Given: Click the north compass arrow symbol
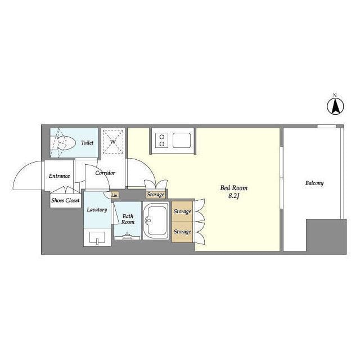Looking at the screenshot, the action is pyautogui.click(x=335, y=106).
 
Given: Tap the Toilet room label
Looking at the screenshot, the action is pyautogui.click(x=87, y=142).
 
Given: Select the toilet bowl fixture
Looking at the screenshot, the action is pyautogui.click(x=64, y=143).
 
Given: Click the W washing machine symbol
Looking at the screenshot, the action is pyautogui.click(x=113, y=141).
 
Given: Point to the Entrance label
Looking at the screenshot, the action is pyautogui.click(x=59, y=176).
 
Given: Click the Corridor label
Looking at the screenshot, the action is pyautogui.click(x=105, y=173).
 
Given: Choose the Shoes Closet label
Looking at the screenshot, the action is pyautogui.click(x=65, y=200).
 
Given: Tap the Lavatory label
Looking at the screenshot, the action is pyautogui.click(x=97, y=210).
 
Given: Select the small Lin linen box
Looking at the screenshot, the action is pyautogui.click(x=114, y=195).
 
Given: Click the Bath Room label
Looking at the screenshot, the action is pyautogui.click(x=128, y=219).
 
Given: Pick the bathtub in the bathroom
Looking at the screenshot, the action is pyautogui.click(x=156, y=220).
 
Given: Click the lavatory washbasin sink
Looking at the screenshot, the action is pyautogui.click(x=97, y=237).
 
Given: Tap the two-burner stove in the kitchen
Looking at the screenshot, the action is pyautogui.click(x=161, y=141).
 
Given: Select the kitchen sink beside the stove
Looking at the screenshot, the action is pyautogui.click(x=181, y=140).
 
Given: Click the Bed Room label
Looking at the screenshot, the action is pyautogui.click(x=234, y=188).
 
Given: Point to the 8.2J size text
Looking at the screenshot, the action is pyautogui.click(x=234, y=196).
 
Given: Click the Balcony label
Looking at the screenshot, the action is pyautogui.click(x=314, y=183).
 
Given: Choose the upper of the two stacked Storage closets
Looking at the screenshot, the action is pyautogui.click(x=182, y=211).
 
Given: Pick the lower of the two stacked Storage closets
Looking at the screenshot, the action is pyautogui.click(x=182, y=232).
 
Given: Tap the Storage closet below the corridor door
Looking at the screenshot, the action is pyautogui.click(x=156, y=195).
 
